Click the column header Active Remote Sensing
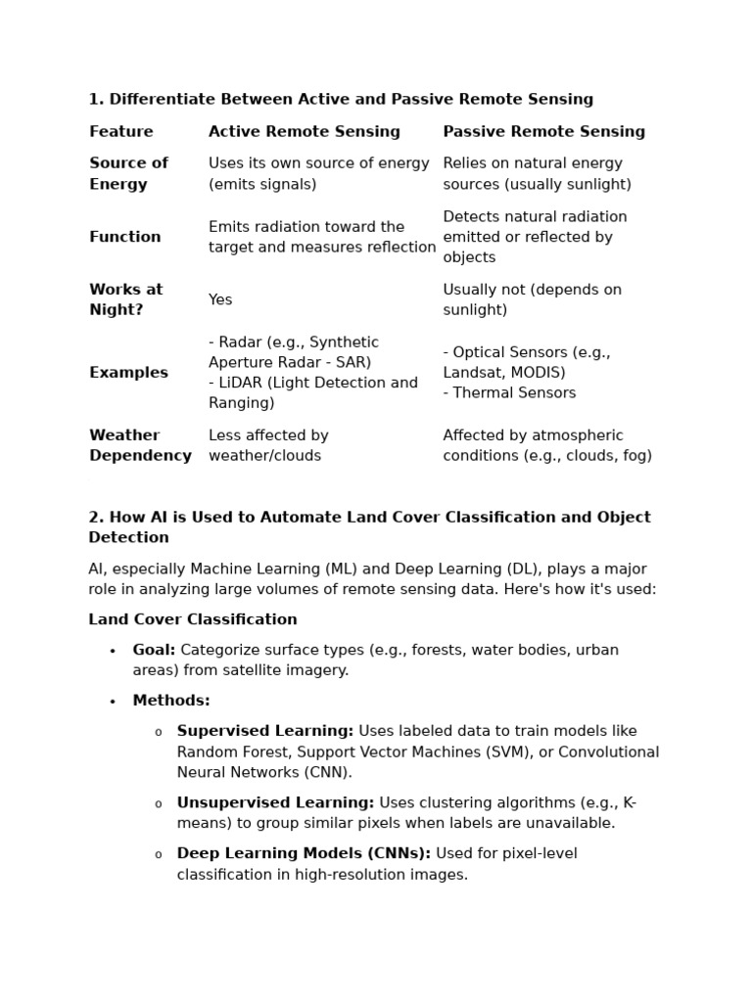(304, 132)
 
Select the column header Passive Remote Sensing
(543, 132)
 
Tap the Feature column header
(121, 132)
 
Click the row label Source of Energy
(128, 174)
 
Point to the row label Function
(125, 237)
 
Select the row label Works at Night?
(126, 299)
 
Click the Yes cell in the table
(220, 300)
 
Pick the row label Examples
(128, 373)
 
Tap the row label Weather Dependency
(140, 445)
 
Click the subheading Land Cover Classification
(193, 619)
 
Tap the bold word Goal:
(154, 650)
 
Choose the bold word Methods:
(171, 701)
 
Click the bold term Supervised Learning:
(265, 731)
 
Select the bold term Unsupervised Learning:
(275, 803)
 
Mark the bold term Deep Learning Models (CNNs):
(304, 854)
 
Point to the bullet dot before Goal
(113, 652)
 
